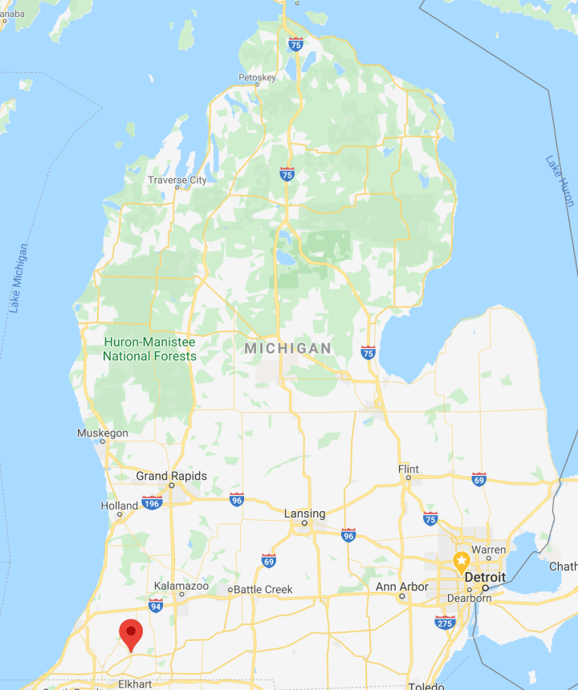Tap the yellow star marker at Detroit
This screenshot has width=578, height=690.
462,559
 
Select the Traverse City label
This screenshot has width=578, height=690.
177,180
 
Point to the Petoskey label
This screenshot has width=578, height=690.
257,78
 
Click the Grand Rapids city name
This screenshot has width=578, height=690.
171,476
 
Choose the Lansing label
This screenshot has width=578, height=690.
305,513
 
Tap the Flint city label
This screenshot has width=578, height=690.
409,469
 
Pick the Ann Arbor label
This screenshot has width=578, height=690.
402,586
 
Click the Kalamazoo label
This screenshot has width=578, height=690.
181,586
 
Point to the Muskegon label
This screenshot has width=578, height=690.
102,433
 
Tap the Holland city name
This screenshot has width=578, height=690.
120,505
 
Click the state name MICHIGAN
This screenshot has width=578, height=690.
287,348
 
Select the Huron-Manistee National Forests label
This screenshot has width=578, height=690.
149,349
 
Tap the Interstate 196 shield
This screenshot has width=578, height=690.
153,502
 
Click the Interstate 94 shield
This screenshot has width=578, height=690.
156,607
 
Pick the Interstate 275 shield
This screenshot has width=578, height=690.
444,622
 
